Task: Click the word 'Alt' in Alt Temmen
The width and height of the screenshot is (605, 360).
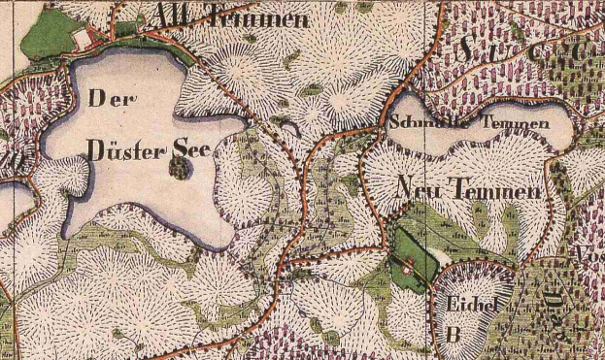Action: [x=175, y=16]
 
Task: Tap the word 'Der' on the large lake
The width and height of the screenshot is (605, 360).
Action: [x=113, y=98]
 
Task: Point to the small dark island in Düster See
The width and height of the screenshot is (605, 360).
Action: [x=178, y=169]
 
